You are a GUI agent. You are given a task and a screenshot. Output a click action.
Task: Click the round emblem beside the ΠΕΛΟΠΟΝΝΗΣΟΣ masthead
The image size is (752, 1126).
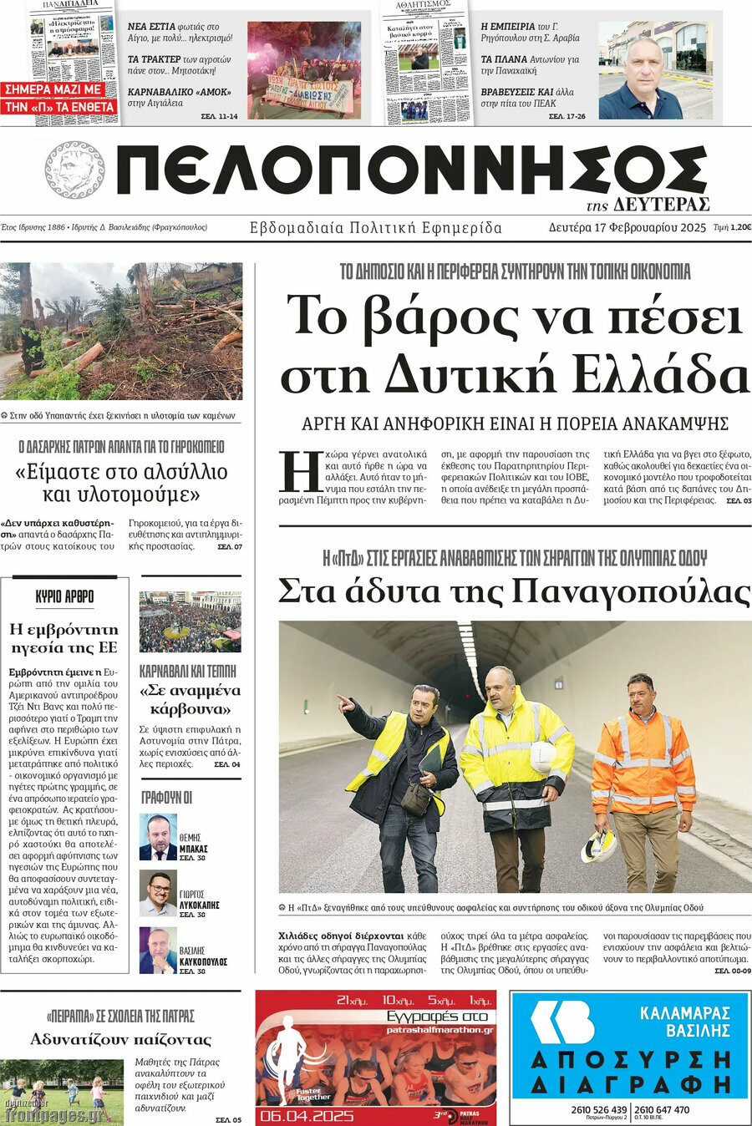(x=74, y=170)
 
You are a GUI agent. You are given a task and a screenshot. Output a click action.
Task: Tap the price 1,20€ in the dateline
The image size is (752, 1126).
(x=740, y=227)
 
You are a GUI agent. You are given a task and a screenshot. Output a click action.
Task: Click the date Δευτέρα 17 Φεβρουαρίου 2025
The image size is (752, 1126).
(x=627, y=227)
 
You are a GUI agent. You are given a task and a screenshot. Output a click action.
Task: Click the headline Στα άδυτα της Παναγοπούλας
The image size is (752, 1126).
(x=514, y=591)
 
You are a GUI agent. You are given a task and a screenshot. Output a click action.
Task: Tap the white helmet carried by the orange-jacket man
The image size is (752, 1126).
(x=598, y=845)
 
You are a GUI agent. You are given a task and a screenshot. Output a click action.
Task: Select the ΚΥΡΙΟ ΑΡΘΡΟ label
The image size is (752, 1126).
(x=64, y=596)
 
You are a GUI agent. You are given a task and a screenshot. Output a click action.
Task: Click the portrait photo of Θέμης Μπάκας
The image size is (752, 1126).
(x=157, y=837)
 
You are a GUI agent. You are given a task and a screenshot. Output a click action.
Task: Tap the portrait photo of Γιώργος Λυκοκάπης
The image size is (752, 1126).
(x=157, y=894)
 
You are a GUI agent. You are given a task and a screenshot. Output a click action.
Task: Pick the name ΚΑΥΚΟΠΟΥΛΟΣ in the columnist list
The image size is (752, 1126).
(x=203, y=962)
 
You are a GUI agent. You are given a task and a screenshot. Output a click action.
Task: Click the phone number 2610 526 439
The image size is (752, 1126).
(x=599, y=1109)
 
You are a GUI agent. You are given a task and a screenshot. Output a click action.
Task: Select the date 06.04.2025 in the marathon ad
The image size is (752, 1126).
(x=307, y=1115)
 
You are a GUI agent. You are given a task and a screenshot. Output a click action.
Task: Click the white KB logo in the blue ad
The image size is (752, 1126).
(x=562, y=1023)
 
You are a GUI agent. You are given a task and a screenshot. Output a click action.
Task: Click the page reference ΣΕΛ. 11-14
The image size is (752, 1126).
(x=219, y=116)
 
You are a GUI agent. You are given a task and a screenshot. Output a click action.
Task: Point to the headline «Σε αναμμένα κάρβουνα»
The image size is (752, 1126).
(x=190, y=699)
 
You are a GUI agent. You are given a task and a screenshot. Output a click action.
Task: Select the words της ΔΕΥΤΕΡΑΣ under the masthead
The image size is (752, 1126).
(x=648, y=205)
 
